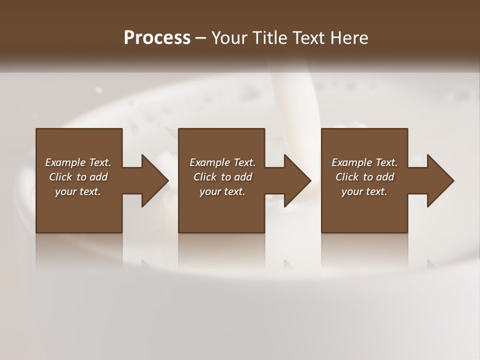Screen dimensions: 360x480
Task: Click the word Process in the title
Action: (157, 38)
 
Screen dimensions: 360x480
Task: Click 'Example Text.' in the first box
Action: (78, 162)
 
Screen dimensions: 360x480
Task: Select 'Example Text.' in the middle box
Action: (222, 162)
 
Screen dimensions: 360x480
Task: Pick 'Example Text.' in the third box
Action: (364, 162)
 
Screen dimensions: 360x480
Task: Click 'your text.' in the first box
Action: (78, 191)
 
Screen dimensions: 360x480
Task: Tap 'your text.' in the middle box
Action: (222, 191)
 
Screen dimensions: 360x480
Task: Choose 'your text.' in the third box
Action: (364, 191)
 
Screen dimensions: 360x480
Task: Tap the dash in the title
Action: (201, 38)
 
